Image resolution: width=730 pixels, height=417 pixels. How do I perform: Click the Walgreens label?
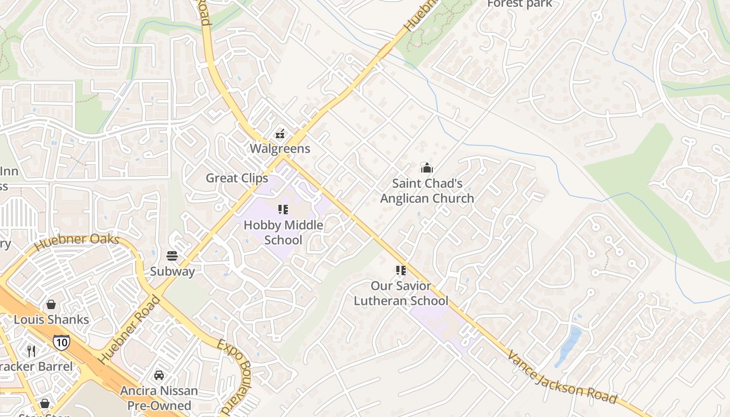click(x=280, y=149)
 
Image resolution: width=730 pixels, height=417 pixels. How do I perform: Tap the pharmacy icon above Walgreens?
click(x=280, y=134)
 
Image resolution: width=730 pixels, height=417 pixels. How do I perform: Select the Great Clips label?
click(x=237, y=178)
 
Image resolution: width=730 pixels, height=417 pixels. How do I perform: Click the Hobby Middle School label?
click(x=283, y=232)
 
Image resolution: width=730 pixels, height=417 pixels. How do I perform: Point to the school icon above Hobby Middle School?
click(x=283, y=210)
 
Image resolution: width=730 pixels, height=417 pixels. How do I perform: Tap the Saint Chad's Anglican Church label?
click(x=427, y=191)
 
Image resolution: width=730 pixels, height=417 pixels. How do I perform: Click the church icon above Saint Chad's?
click(x=427, y=168)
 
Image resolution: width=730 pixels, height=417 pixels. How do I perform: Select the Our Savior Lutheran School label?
click(x=401, y=293)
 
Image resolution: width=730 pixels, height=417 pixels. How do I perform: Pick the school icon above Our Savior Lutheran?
click(x=400, y=271)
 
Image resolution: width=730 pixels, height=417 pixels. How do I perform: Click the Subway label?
click(x=173, y=272)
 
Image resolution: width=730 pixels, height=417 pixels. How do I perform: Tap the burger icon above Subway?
click(x=173, y=256)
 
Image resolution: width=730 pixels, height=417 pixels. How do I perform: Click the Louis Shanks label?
click(x=52, y=320)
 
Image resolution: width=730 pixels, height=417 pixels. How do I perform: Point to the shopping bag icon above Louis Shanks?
click(x=51, y=304)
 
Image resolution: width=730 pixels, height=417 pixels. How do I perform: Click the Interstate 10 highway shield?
click(x=61, y=342)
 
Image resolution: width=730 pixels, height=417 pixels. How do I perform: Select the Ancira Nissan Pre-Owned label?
click(x=159, y=398)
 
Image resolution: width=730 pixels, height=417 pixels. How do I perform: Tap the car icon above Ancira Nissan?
click(x=159, y=375)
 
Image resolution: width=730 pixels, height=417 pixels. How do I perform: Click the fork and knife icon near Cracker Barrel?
click(x=31, y=351)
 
